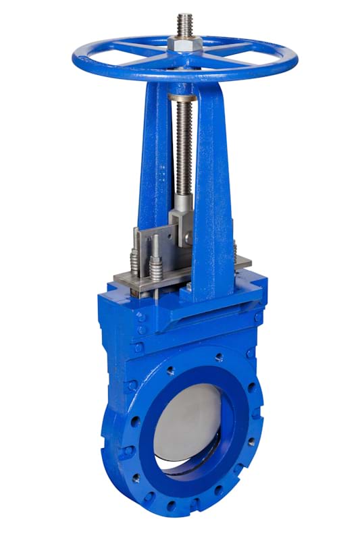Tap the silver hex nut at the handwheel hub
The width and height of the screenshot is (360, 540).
click(184, 44)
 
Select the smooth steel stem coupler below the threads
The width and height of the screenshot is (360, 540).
click(184, 202)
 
